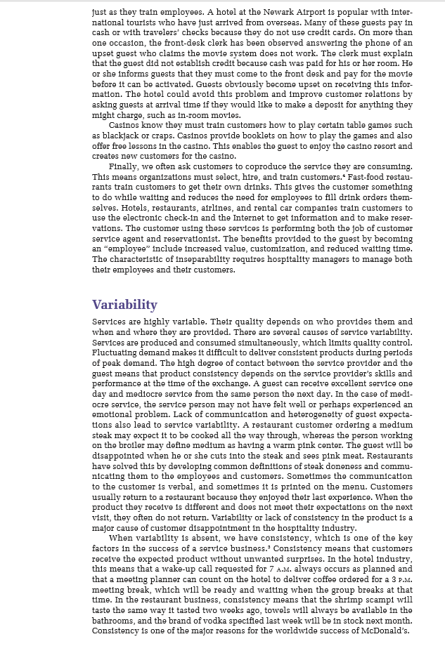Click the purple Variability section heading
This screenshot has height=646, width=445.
point(124,305)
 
